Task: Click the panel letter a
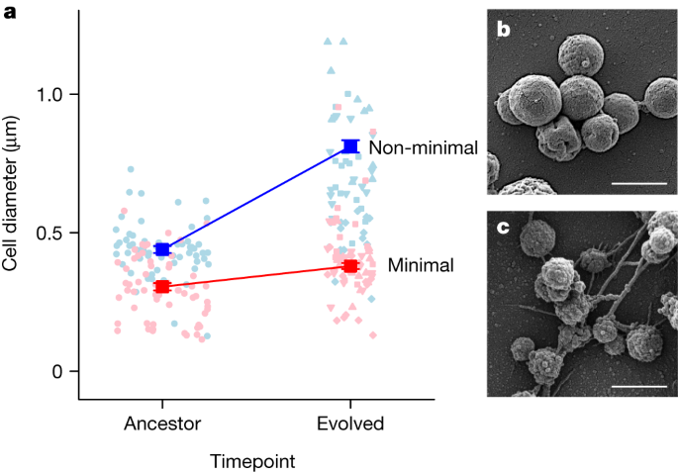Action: click(10, 11)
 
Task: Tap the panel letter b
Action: click(503, 31)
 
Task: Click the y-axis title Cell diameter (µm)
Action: click(12, 205)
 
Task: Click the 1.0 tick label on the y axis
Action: click(49, 94)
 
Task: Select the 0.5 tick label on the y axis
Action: click(49, 233)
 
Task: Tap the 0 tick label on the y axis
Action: click(57, 371)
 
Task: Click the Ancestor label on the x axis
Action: click(162, 424)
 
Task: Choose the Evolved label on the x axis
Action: click(349, 424)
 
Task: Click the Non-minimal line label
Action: click(424, 147)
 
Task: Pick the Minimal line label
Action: click(421, 265)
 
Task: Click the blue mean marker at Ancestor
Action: click(162, 249)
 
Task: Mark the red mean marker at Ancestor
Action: click(162, 287)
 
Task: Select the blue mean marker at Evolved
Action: click(349, 146)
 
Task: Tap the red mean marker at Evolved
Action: click(349, 266)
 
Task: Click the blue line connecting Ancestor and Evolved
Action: click(255, 198)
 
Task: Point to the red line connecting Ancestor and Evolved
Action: click(255, 276)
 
